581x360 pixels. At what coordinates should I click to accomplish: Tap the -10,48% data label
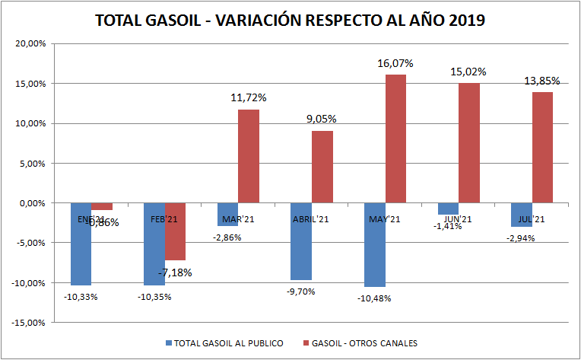[x=373, y=298]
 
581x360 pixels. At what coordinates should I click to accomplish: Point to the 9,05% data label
[x=322, y=119]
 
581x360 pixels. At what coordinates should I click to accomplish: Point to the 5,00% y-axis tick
[x=33, y=163]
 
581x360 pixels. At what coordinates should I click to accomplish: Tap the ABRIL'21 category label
[x=311, y=219]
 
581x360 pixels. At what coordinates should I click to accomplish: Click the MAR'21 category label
[x=238, y=219]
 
